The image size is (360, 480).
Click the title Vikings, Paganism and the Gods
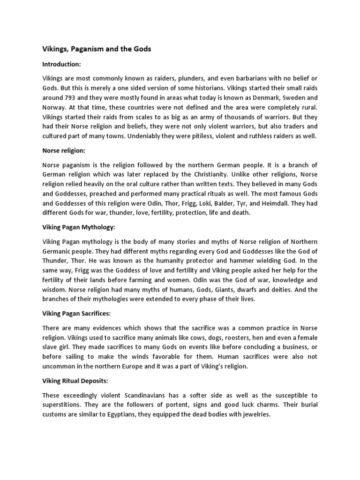pos(97,49)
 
